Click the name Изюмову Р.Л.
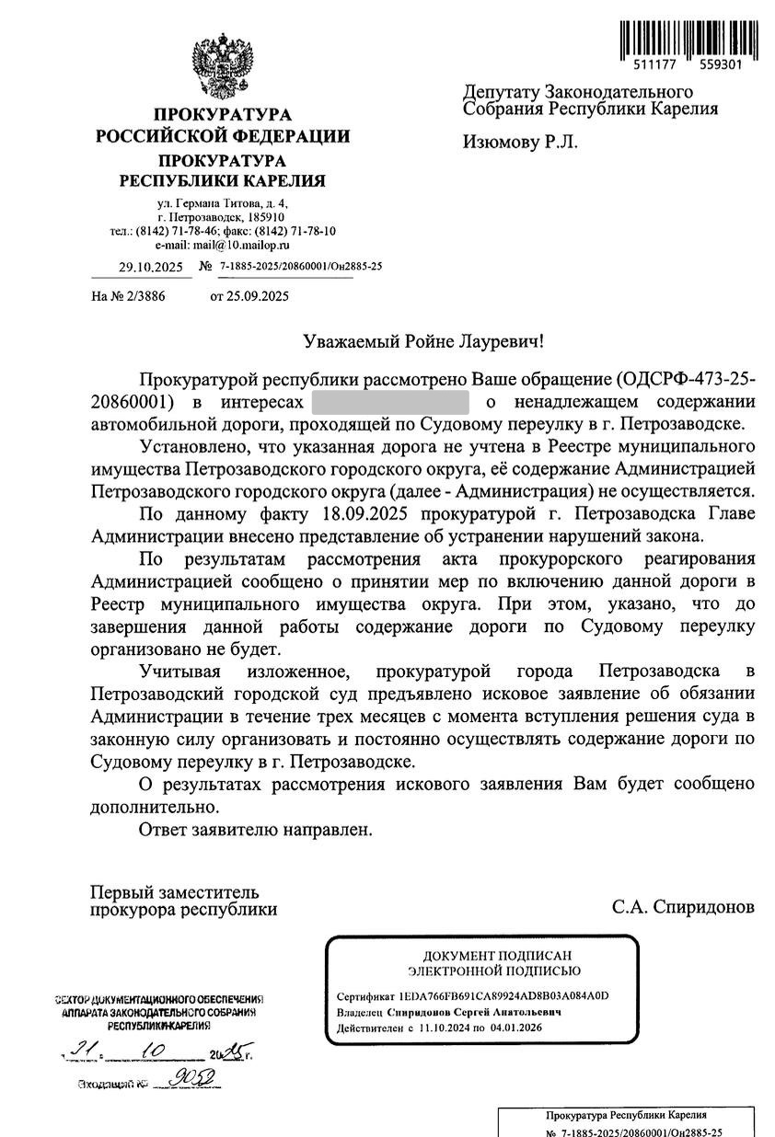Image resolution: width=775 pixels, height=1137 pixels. pyautogui.click(x=520, y=143)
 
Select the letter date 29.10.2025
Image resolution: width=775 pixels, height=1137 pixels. pyautogui.click(x=151, y=267)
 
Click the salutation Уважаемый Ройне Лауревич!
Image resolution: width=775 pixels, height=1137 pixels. pyautogui.click(x=424, y=342)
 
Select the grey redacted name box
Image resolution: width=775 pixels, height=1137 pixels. pyautogui.click(x=390, y=402)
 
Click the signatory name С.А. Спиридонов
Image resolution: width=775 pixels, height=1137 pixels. pyautogui.click(x=683, y=907)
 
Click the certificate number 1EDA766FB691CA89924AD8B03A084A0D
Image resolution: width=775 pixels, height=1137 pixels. pyautogui.click(x=504, y=996)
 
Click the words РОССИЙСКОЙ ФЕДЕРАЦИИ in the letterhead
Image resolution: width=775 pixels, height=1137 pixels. pyautogui.click(x=224, y=137)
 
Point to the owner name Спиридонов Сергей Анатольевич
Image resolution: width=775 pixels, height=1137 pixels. pyautogui.click(x=475, y=1012)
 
